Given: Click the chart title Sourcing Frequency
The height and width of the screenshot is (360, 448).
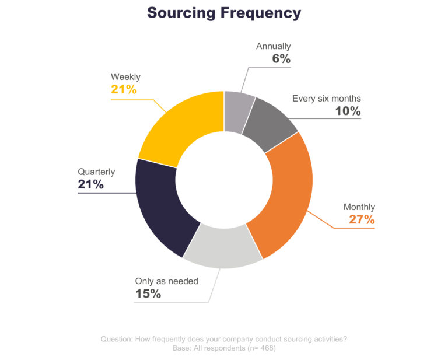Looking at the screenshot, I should pyautogui.click(x=224, y=13).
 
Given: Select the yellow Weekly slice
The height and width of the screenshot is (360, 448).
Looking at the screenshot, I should pyautogui.click(x=178, y=126).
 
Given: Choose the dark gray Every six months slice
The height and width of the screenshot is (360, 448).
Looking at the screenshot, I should pyautogui.click(x=269, y=125).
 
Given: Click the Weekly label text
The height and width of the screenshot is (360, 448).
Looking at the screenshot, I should pyautogui.click(x=125, y=76).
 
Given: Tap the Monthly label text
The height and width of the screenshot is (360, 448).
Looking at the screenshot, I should pyautogui.click(x=359, y=207).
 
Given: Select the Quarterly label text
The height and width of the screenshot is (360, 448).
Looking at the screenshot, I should pyautogui.click(x=96, y=172).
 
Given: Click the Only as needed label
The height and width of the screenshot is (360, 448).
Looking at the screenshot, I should pyautogui.click(x=166, y=281).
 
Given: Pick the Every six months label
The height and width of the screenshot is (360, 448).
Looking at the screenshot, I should pyautogui.click(x=326, y=99).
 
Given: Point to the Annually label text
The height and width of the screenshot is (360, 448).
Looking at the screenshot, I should pyautogui.click(x=273, y=46).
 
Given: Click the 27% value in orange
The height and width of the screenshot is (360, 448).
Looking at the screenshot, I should pyautogui.click(x=362, y=220).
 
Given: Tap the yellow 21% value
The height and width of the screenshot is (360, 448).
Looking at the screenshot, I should pyautogui.click(x=124, y=89).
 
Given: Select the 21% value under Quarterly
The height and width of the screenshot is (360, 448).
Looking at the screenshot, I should pyautogui.click(x=91, y=185).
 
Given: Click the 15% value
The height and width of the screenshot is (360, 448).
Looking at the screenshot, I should pyautogui.click(x=148, y=294).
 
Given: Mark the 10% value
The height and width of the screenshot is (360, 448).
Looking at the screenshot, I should pyautogui.click(x=348, y=111).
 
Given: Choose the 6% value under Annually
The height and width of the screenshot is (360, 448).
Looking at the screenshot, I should pyautogui.click(x=281, y=59).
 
